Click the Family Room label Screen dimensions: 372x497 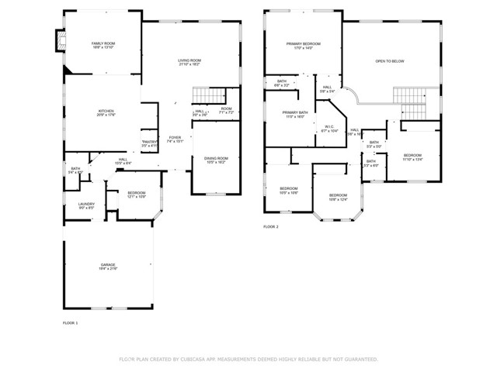click(103, 43)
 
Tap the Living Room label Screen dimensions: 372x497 click(189, 60)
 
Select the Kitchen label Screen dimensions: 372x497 click(106, 111)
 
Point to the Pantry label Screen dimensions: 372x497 click(150, 141)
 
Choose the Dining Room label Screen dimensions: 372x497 click(215, 158)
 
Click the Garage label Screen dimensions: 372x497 click(107, 265)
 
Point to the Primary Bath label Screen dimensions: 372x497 click(295, 112)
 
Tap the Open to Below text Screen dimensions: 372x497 click(390, 60)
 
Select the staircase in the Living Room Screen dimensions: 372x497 click(205, 95)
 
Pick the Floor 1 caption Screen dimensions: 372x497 click(70, 322)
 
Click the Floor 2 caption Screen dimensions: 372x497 click(270, 226)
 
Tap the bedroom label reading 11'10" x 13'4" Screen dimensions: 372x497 click(412, 159)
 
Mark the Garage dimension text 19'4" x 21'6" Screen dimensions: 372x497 click(107, 268)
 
